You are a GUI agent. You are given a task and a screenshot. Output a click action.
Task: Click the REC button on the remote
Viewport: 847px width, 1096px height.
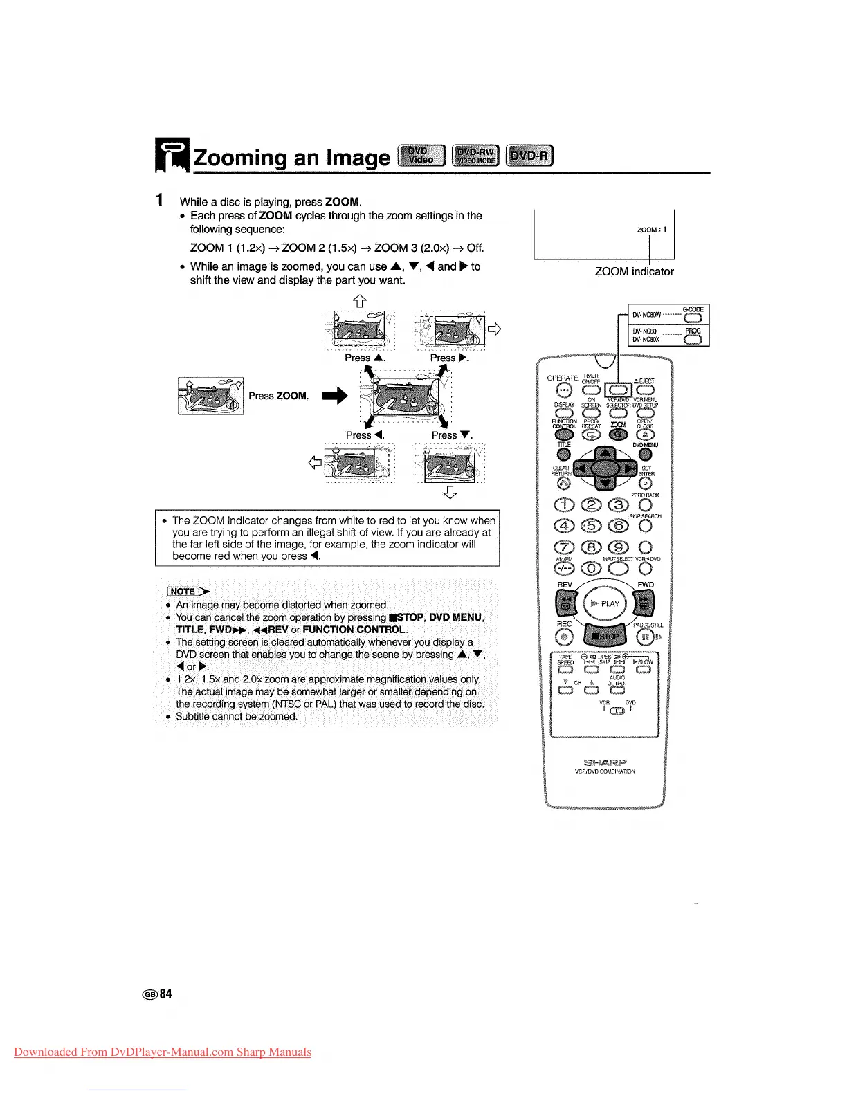(x=566, y=636)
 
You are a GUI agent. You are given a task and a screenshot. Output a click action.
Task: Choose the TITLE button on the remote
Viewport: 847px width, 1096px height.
(x=564, y=455)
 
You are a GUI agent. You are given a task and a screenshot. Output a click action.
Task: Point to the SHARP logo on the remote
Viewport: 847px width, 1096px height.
(x=604, y=762)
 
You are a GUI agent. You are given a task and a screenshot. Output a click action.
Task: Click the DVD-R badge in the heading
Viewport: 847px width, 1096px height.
(x=530, y=156)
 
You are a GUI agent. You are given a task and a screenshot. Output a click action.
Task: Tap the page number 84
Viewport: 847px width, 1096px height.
(x=165, y=994)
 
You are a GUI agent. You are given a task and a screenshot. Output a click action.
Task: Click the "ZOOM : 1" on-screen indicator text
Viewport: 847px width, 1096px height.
(x=652, y=229)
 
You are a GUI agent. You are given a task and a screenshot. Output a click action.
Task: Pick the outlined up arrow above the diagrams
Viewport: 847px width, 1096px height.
(x=359, y=300)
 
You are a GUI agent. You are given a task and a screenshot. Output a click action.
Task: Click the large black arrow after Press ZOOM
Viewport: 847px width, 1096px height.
(x=333, y=396)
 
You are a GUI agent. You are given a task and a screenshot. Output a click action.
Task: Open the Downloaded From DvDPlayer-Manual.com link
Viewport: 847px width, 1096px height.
(x=163, y=1052)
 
